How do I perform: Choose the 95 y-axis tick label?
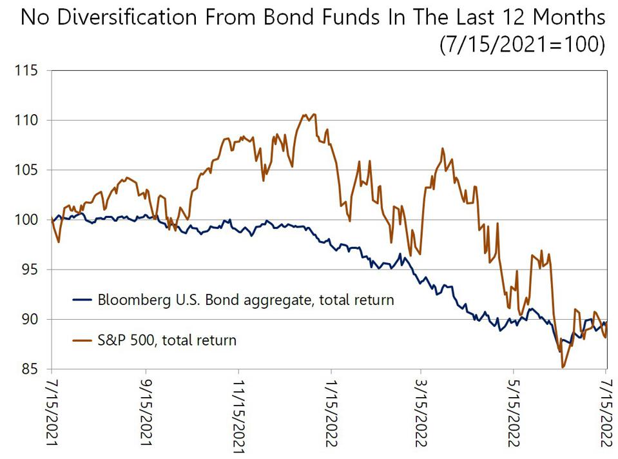[28, 269]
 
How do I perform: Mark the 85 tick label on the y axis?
[28, 369]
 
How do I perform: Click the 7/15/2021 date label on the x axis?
[51, 413]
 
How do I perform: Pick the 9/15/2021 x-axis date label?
[146, 413]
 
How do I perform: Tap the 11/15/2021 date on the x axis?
[239, 416]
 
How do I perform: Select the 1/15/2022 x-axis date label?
[331, 413]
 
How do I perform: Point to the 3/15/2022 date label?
[421, 413]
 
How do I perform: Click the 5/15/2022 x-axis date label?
[514, 413]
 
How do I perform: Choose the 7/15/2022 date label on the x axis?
[606, 413]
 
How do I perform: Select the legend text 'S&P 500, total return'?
[166, 340]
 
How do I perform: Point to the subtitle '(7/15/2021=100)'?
[523, 45]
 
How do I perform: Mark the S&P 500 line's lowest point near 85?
[563, 367]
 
